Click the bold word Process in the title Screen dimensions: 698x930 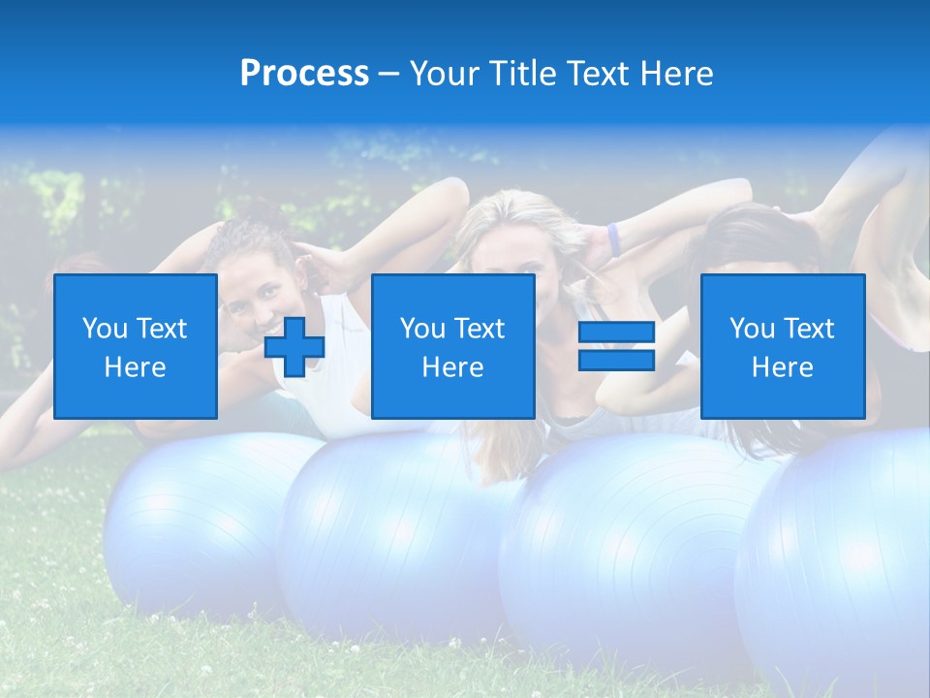304,74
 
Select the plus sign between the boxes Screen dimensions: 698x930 294,347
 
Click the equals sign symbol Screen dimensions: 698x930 616,346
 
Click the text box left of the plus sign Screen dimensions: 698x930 136,346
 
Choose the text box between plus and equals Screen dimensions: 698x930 453,346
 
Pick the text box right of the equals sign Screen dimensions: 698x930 782,346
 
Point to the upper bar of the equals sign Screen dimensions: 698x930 616,333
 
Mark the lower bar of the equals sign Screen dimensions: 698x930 616,360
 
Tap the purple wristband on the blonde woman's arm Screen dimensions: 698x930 613,238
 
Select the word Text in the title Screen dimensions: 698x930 592,74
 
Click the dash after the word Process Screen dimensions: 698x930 388,74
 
